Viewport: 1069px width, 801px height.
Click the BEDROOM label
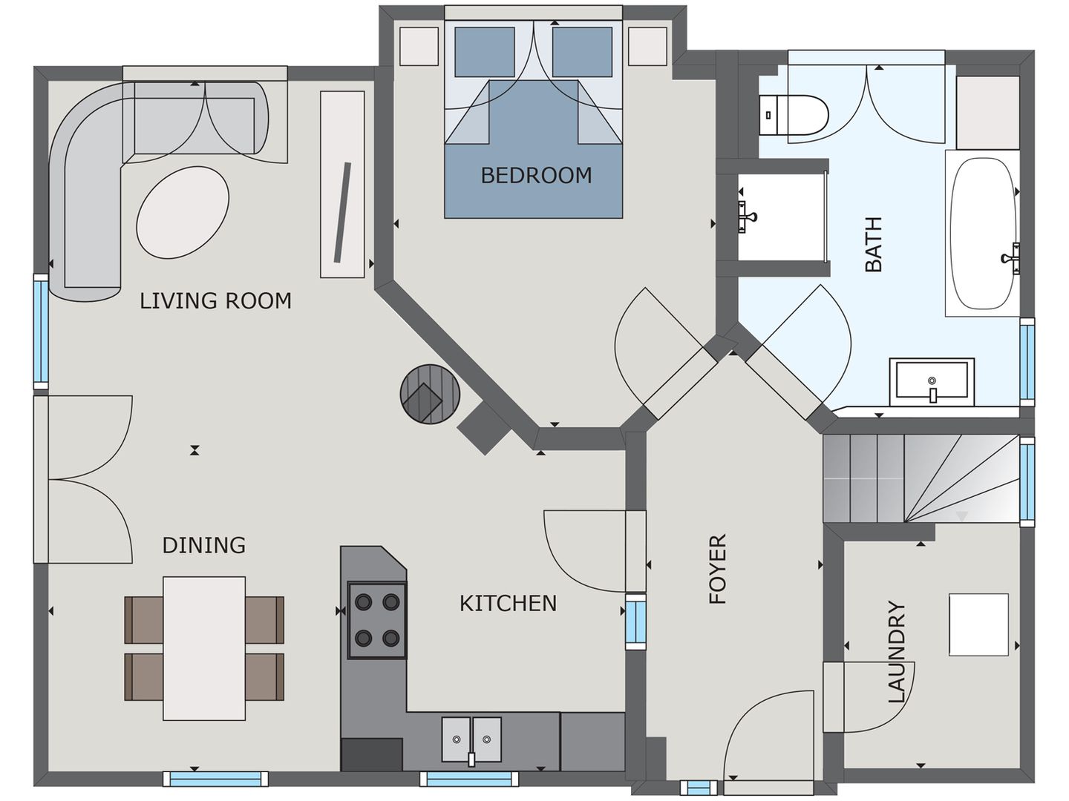click(x=536, y=176)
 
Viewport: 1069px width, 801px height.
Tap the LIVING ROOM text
click(x=215, y=301)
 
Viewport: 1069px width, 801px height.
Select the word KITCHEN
click(x=508, y=604)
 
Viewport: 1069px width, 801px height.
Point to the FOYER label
click(x=718, y=569)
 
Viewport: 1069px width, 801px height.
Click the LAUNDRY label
click(x=898, y=652)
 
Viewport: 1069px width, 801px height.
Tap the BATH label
click(x=874, y=245)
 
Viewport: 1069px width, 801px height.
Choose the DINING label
click(x=203, y=546)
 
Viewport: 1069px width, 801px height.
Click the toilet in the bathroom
click(x=795, y=116)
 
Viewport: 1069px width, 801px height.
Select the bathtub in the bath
click(x=983, y=234)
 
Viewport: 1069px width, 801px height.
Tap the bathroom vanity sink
click(x=932, y=382)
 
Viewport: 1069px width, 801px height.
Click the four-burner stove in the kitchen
click(x=377, y=621)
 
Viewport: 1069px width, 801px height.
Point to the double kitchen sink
click(x=471, y=739)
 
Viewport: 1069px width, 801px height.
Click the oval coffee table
click(x=183, y=212)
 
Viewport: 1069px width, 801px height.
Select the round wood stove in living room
click(x=431, y=394)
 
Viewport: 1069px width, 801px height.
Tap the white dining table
click(x=204, y=648)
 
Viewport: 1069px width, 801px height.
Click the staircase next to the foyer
click(x=921, y=478)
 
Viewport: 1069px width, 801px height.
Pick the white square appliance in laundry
click(x=978, y=624)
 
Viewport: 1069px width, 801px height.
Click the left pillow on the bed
click(x=484, y=52)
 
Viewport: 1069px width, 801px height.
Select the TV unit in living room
click(x=342, y=185)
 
